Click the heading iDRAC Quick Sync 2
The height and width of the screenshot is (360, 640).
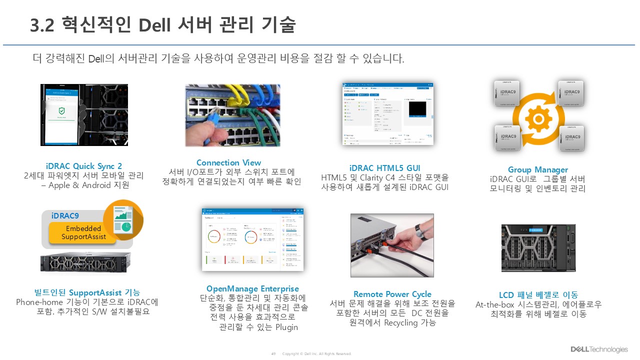[84, 166]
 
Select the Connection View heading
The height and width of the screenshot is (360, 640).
[228, 162]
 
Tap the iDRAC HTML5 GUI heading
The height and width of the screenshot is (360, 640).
[384, 168]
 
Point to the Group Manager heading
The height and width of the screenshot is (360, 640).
[537, 169]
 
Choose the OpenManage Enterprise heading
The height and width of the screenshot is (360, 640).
[252, 288]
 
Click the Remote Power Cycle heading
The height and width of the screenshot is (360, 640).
[392, 294]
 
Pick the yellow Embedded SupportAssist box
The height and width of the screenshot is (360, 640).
[83, 233]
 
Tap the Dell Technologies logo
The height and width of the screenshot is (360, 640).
[599, 349]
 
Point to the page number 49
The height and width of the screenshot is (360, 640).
[273, 353]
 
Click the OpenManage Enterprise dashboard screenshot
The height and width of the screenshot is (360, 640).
[252, 239]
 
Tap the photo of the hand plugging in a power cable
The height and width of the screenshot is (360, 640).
[392, 245]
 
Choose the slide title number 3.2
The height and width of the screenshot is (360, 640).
[42, 25]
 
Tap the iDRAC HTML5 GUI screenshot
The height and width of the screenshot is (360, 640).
[387, 114]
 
